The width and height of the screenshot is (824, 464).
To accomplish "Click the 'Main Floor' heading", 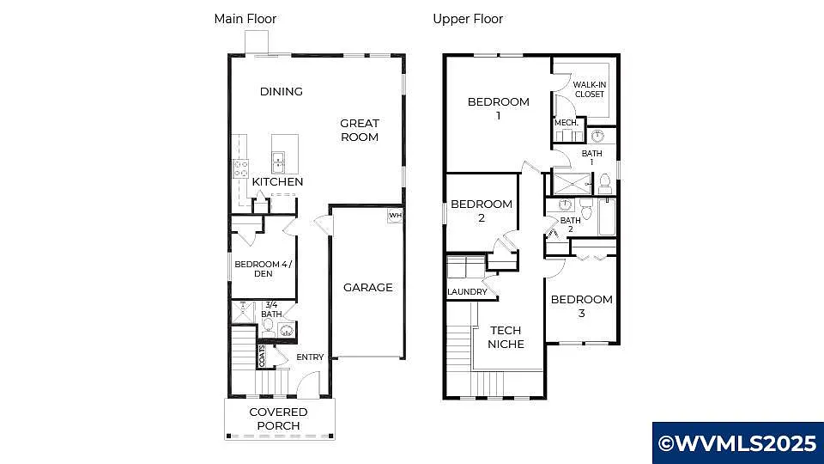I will [x=245, y=18].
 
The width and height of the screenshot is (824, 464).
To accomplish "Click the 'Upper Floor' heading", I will [x=468, y=18].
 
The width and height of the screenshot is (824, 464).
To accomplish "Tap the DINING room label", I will [x=282, y=91].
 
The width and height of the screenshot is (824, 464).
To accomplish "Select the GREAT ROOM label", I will [x=360, y=130].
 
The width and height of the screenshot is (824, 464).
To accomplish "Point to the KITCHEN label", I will [x=277, y=182].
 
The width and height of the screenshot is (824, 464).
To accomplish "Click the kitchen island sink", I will [x=280, y=158].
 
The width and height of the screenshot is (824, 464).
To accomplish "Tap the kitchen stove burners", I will [x=241, y=168].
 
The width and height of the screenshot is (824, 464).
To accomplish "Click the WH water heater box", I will [x=395, y=215].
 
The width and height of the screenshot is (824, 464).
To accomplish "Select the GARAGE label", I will [x=367, y=287].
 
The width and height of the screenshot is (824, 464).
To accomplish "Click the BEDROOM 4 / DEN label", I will [x=264, y=269].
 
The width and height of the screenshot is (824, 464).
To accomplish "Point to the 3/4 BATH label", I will [x=271, y=309].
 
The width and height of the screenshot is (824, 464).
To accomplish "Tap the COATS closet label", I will [x=263, y=355].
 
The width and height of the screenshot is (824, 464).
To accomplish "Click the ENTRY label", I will [x=310, y=357].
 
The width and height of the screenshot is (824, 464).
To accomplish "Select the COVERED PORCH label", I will [x=278, y=418].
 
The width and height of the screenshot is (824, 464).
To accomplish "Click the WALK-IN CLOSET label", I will [x=589, y=89].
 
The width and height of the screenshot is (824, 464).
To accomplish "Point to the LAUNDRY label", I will [x=467, y=292].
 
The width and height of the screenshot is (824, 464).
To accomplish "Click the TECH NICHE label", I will [x=506, y=337].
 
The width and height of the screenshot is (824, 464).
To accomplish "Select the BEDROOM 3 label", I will [x=581, y=306].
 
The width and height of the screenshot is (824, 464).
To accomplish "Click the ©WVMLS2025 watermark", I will [x=737, y=443].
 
